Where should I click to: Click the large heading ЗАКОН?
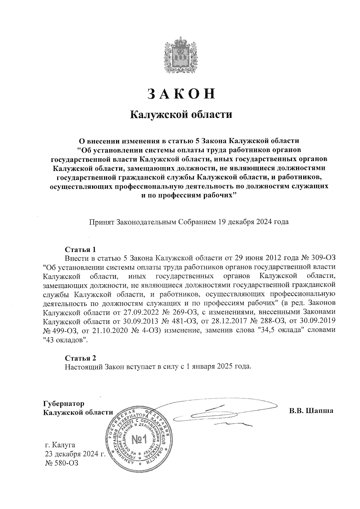click(x=181, y=94)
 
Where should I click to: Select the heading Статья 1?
click(x=80, y=250)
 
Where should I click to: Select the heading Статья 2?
click(x=80, y=358)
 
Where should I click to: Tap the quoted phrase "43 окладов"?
click(x=65, y=340)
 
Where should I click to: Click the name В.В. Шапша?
click(x=311, y=411)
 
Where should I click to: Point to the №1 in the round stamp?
click(x=139, y=440)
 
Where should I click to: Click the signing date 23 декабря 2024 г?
click(x=75, y=454)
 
